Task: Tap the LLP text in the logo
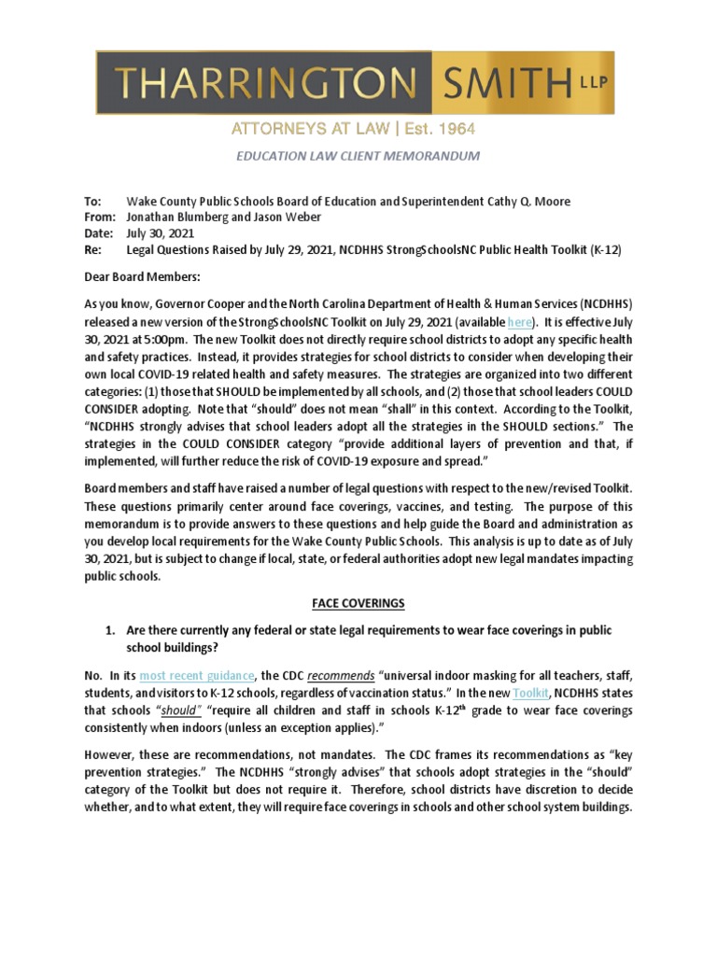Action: click(593, 81)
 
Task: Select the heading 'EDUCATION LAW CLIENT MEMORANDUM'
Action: click(358, 156)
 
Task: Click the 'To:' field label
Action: click(91, 201)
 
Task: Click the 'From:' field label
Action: click(98, 218)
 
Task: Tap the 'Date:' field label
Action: click(97, 234)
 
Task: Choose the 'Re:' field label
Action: click(91, 251)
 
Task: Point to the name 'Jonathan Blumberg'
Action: click(177, 218)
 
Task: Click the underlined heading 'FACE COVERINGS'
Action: click(358, 604)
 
